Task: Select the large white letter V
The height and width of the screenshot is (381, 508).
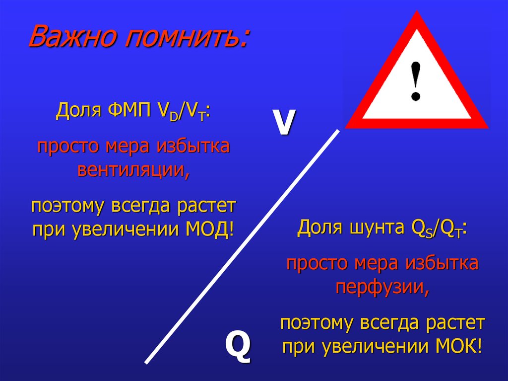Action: (x=283, y=123)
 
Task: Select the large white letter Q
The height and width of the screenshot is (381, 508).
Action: (x=238, y=345)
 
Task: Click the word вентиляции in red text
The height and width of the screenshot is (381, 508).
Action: (x=133, y=169)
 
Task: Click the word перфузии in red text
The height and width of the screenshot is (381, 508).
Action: (x=382, y=287)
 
